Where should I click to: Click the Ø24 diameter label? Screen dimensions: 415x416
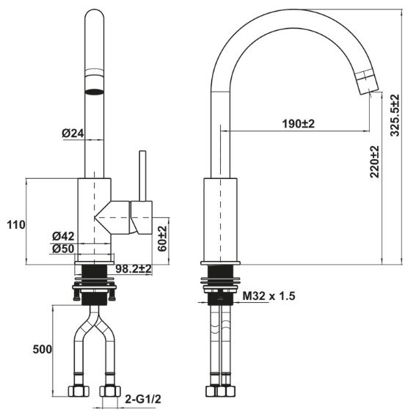[73, 133]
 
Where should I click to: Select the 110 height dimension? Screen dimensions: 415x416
[14, 224]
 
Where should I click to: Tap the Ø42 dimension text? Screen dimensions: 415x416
[64, 236]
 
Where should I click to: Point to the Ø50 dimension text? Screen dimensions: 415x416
[64, 249]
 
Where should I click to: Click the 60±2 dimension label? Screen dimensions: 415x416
[163, 239]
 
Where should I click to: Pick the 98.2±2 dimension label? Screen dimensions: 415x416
[133, 270]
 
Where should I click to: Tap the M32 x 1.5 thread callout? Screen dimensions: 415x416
[269, 296]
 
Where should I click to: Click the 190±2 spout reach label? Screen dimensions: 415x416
[299, 123]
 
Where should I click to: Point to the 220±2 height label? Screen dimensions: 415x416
[374, 162]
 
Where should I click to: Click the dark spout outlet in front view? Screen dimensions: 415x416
[94, 92]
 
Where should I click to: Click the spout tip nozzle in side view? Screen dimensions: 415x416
[367, 82]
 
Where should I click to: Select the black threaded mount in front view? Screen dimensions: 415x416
[94, 282]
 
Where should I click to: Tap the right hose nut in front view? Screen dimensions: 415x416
[110, 391]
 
